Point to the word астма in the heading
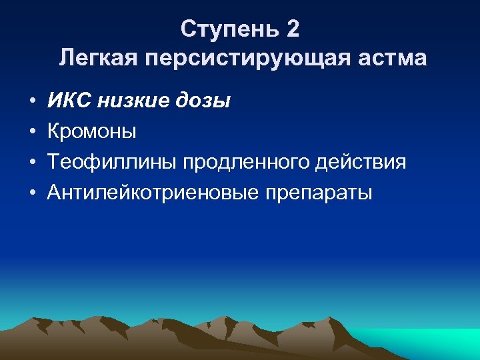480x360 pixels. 394,59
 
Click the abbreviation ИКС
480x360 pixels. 70,101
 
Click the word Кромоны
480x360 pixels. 92,132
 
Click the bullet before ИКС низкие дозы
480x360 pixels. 31,102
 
